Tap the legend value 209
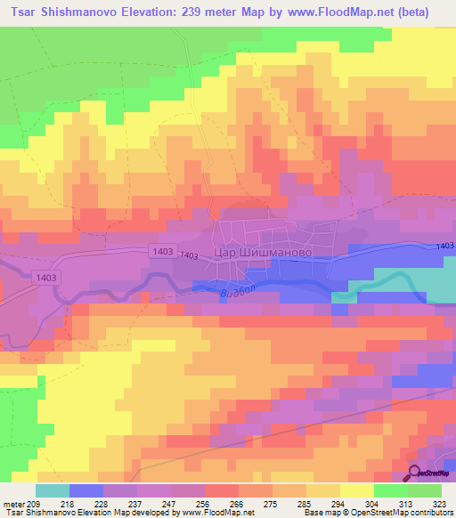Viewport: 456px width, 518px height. [36, 503]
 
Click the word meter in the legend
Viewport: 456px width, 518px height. [12, 503]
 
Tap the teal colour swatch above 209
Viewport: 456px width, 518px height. [53, 490]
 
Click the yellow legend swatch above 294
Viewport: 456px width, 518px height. [323, 490]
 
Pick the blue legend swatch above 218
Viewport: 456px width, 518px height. [86, 490]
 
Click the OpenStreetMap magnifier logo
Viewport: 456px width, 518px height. [416, 472]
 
